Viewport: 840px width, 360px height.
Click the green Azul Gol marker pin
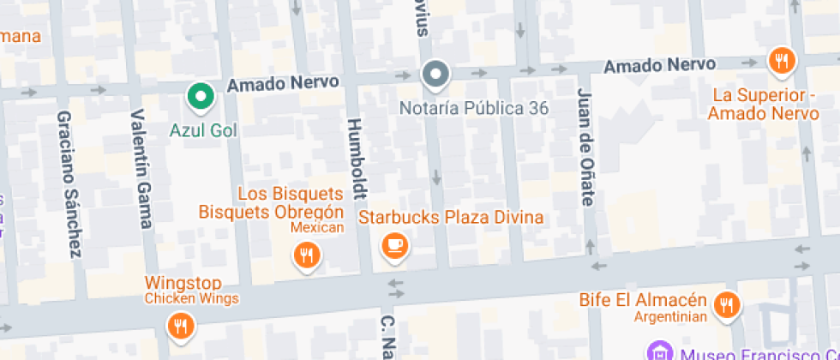tap(201, 96)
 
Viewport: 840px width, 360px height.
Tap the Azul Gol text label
tap(203, 131)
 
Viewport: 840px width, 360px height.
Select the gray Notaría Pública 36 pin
tap(436, 75)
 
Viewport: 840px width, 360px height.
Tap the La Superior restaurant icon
tap(780, 61)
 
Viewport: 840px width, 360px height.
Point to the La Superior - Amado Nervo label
tap(764, 104)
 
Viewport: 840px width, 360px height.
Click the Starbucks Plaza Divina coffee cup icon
tap(394, 245)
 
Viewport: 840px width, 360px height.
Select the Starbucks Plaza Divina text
tap(451, 217)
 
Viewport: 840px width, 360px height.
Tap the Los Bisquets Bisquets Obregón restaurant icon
tap(306, 254)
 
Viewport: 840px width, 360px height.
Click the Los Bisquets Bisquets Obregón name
tap(272, 203)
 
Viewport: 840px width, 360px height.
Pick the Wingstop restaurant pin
tap(181, 325)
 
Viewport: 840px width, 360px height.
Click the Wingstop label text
tap(183, 283)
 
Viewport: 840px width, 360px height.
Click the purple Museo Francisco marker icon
tap(659, 351)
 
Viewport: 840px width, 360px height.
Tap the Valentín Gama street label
tap(142, 169)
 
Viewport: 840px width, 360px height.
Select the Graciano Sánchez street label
tap(69, 183)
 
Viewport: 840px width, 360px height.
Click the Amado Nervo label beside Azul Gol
tap(283, 83)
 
